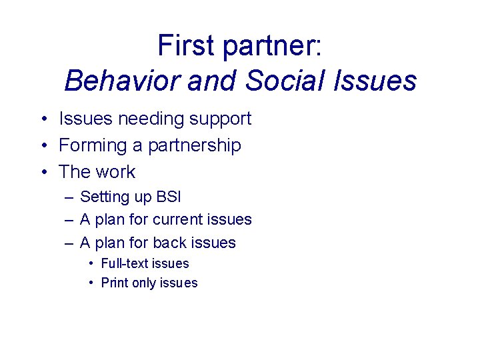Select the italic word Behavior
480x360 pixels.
click(x=122, y=81)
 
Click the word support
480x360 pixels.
click(x=219, y=119)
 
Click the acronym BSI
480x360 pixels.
click(x=169, y=197)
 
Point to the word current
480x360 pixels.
click(x=179, y=219)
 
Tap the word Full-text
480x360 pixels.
click(x=126, y=263)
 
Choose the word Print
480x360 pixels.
click(x=115, y=283)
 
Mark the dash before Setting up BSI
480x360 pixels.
click(x=69, y=197)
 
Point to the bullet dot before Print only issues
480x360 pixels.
click(x=91, y=283)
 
